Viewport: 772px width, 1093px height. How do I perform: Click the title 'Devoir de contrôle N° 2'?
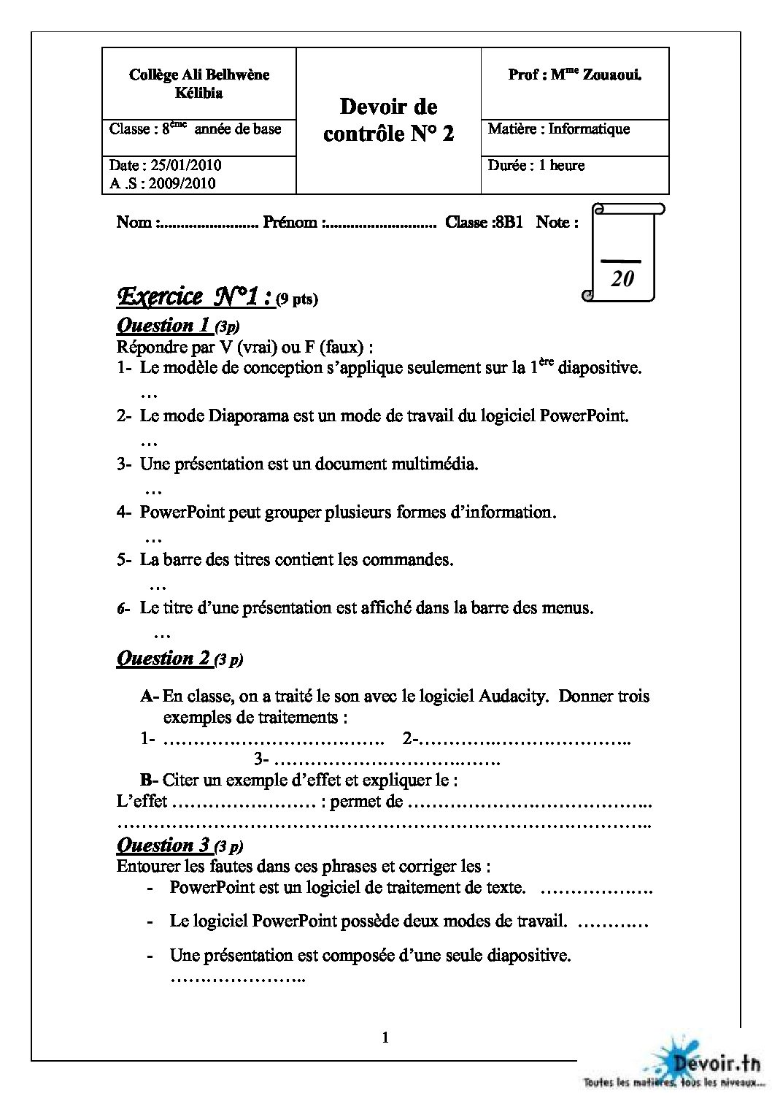[388, 120]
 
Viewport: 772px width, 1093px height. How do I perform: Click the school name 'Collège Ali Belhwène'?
[198, 74]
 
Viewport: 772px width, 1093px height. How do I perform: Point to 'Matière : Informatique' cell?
[558, 129]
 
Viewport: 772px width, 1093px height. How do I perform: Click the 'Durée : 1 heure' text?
[536, 166]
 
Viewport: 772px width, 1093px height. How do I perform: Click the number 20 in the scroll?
[622, 277]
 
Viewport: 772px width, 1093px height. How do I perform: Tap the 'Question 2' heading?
[164, 658]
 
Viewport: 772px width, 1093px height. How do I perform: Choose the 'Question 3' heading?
[164, 845]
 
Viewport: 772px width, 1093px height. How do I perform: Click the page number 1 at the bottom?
[385, 1038]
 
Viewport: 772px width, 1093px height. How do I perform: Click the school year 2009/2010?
[182, 184]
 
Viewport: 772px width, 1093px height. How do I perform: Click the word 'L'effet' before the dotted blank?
[142, 802]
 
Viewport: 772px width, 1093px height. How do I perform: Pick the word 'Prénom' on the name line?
[290, 222]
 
